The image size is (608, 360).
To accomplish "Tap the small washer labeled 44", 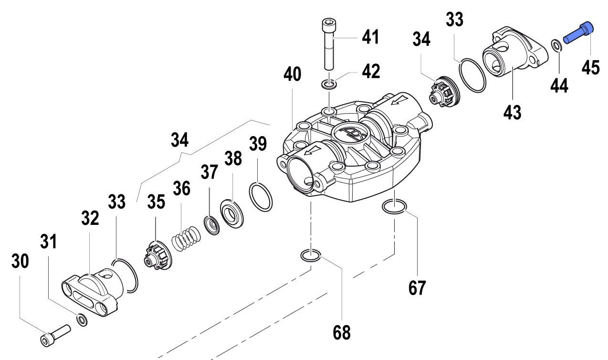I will coord(556,46).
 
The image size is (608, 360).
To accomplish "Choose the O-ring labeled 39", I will coord(261,196).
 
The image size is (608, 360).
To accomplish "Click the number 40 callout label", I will coord(292,75).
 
